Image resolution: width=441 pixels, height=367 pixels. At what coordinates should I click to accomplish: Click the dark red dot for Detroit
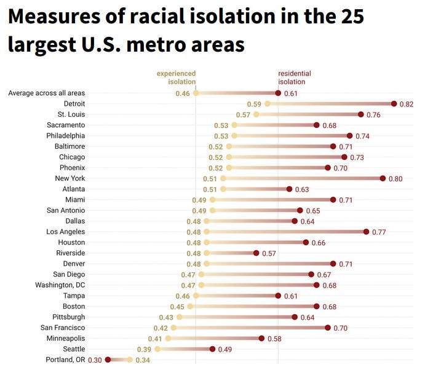coord(394,104)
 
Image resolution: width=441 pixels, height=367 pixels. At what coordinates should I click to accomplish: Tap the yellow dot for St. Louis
coord(256,114)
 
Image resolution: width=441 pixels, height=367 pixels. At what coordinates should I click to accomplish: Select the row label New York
coord(70,178)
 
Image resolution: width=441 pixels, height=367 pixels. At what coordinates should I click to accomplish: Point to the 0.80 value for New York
coord(395,179)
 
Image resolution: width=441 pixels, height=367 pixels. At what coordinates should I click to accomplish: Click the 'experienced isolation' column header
coord(176,77)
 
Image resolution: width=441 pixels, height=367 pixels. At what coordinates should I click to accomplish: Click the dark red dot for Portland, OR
coord(108,360)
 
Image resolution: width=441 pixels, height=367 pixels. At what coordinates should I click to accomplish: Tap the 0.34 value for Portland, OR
coord(143,360)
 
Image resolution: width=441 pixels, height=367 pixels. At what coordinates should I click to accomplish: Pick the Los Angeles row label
coord(65,232)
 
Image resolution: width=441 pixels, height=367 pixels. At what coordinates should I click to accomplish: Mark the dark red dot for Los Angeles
coord(366,232)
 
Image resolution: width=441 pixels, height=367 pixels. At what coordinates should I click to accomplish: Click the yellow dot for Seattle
coord(157,349)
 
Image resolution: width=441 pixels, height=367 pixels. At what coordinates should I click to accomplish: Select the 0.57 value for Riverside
coord(269,253)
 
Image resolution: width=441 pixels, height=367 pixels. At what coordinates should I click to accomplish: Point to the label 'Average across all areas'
coord(47,93)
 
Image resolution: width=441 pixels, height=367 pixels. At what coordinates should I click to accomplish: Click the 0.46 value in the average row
coord(183,93)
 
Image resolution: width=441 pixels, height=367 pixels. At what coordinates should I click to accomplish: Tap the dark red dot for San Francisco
coord(328,328)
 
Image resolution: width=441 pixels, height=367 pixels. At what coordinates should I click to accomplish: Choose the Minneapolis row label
coord(66,338)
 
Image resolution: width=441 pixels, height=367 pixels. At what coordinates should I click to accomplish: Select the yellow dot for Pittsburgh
coord(179,317)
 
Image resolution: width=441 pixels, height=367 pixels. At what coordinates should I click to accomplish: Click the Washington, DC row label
coord(60,285)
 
